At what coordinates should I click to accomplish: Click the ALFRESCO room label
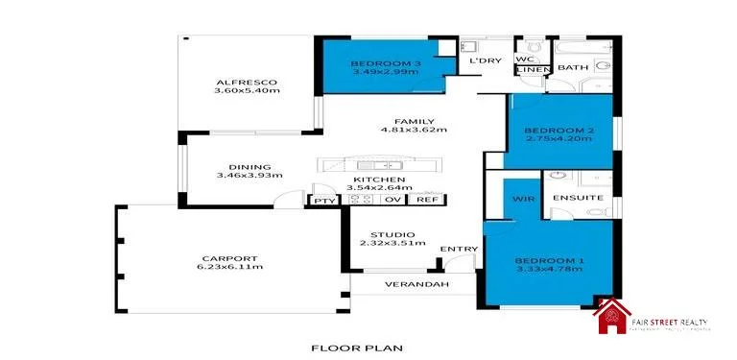pos(247,81)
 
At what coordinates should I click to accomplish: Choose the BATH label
pos(573,67)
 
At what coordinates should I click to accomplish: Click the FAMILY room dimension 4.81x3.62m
pos(414,130)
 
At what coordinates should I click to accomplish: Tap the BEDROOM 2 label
pos(558,130)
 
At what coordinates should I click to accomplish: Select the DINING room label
pos(229,166)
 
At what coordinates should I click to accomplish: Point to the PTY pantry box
pos(321,200)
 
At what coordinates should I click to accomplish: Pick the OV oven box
pos(392,200)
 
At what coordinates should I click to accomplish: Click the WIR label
pos(521,199)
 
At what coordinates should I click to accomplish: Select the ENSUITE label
pos(578,198)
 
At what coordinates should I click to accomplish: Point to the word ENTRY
pos(459,250)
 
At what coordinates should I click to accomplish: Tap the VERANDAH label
pos(417,285)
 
